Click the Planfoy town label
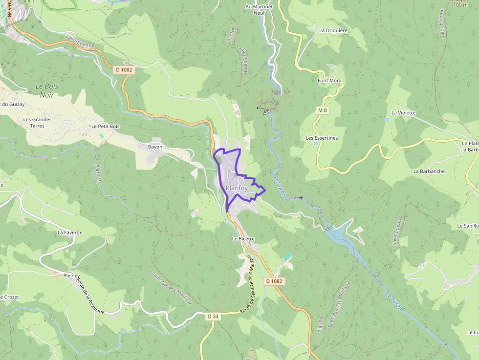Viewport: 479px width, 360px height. click(x=237, y=188)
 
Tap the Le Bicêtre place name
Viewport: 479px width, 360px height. click(x=243, y=239)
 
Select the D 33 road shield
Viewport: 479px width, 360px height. click(x=213, y=317)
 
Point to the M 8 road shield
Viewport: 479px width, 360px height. click(x=322, y=110)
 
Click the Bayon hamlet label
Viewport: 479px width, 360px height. click(x=155, y=147)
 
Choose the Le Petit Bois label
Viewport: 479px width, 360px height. click(x=105, y=126)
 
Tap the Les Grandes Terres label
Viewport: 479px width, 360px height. click(x=37, y=123)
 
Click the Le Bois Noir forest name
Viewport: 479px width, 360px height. click(x=47, y=90)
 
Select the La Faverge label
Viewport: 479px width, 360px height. click(x=70, y=233)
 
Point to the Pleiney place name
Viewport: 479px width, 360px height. click(x=71, y=275)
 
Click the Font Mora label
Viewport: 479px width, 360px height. click(x=329, y=81)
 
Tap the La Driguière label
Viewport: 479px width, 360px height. click(x=333, y=30)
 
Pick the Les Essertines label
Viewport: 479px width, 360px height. click(x=322, y=138)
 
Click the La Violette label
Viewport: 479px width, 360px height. click(x=403, y=112)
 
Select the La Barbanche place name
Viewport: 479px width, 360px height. click(x=429, y=171)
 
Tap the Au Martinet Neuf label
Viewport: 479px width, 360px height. click(x=259, y=10)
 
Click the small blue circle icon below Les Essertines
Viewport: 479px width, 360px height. click(x=316, y=144)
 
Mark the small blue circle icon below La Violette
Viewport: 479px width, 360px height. click(x=388, y=119)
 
